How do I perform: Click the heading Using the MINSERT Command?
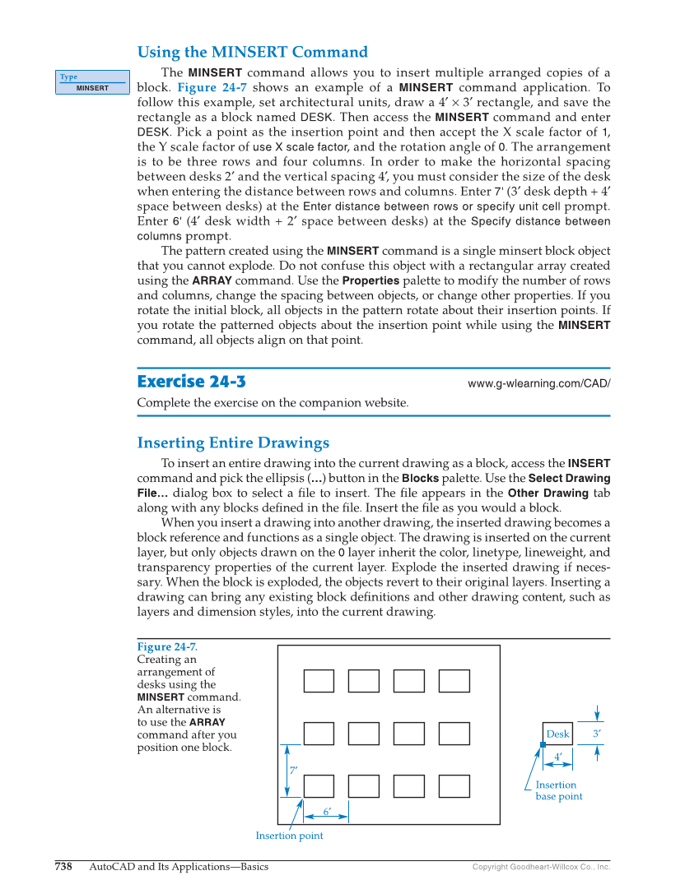coord(252,52)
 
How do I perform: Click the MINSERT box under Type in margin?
coord(92,88)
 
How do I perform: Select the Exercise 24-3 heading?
coord(191,382)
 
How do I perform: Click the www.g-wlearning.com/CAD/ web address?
coord(538,383)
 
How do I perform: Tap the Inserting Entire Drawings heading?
coord(233,442)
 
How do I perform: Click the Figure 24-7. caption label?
coord(167,647)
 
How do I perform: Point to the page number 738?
coord(63,867)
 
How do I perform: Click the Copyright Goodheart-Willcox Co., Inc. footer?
coord(541,867)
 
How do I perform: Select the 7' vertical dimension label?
coord(293,770)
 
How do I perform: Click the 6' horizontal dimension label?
coord(327,812)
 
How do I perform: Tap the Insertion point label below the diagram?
coord(289,836)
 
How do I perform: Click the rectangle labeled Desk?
coord(558,734)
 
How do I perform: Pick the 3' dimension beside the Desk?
coord(597,734)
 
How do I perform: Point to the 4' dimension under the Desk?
coord(558,757)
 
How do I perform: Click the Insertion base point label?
coord(558,790)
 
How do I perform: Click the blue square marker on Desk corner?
coord(543,744)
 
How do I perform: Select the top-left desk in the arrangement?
coord(319,681)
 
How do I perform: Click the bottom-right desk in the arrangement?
coord(454,786)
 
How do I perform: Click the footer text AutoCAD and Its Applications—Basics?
coord(179,867)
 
